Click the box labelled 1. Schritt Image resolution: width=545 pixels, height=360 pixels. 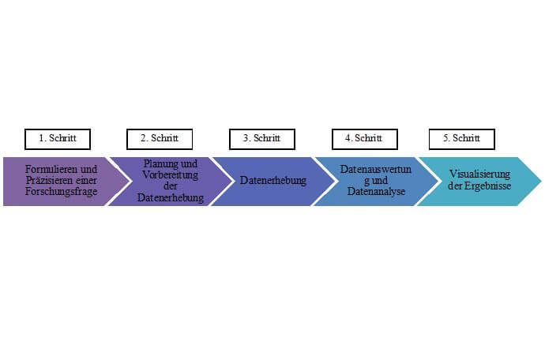58,139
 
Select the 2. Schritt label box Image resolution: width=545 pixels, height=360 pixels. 160,139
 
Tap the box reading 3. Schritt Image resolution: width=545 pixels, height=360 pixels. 262,139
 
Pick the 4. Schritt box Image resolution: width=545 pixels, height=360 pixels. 365,139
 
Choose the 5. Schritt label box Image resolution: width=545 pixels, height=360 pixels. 461,139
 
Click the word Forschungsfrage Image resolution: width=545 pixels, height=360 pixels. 61,192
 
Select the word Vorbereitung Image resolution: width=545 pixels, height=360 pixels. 171,174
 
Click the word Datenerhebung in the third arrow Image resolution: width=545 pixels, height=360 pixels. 273,181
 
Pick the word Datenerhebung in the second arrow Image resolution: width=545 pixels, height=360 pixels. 171,197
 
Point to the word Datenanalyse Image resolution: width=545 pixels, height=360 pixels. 376,192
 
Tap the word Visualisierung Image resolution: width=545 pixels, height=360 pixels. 479,174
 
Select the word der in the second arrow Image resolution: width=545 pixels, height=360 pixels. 171,186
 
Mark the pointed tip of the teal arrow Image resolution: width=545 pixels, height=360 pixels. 541,181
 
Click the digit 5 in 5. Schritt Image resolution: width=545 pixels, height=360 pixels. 445,138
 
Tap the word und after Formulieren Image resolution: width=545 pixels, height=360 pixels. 89,170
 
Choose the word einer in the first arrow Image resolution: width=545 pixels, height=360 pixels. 85,181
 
